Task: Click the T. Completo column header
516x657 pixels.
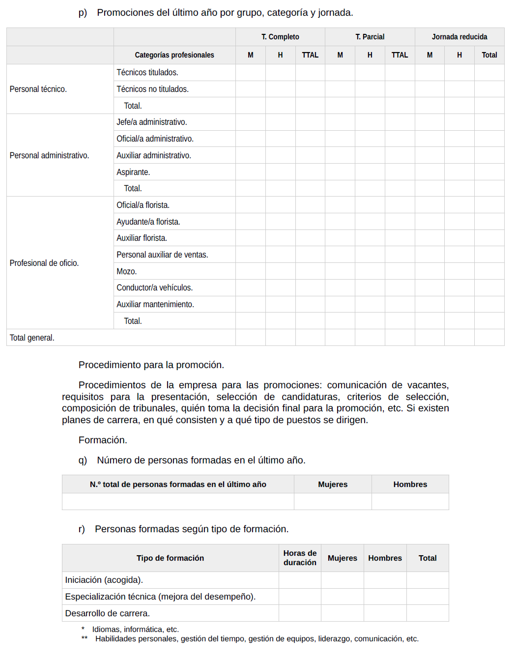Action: pos(280,37)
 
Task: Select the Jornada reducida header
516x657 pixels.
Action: pos(459,37)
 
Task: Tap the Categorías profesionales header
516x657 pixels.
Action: pos(174,55)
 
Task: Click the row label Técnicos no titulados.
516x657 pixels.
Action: pos(152,89)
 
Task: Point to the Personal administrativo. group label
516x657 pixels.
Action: pos(49,155)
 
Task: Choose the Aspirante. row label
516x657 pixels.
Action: pos(133,172)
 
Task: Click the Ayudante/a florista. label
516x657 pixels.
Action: pos(148,222)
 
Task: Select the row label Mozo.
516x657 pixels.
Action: pos(126,271)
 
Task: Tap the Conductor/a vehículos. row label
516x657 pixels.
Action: pos(154,287)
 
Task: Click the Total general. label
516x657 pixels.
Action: pos(32,338)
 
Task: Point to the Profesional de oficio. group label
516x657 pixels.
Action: pos(44,263)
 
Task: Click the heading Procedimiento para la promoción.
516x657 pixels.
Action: pos(151,365)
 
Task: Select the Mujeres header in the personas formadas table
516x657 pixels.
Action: pos(333,484)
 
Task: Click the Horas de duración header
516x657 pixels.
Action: pos(300,558)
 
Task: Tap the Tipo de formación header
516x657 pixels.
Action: pos(170,558)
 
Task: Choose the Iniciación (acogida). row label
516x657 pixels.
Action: pos(104,580)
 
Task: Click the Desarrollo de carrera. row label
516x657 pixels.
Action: pos(107,613)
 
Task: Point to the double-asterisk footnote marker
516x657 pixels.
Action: pos(85,638)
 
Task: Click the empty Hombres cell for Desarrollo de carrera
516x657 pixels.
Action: pos(385,613)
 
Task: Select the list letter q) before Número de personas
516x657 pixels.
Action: pos(83,460)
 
